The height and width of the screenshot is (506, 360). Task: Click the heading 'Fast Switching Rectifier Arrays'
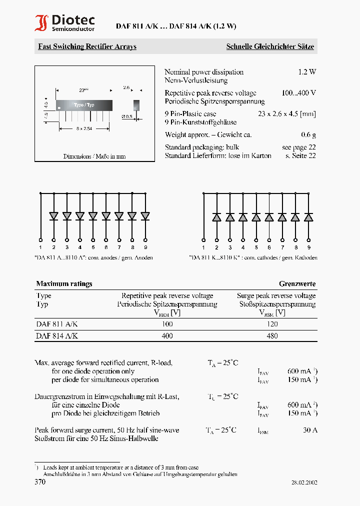point(87,46)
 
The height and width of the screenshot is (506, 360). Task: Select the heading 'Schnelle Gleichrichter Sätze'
point(270,46)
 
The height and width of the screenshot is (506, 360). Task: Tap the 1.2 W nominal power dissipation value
point(307,72)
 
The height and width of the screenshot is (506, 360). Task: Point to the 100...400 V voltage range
point(298,93)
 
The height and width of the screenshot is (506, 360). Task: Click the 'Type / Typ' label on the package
point(83,105)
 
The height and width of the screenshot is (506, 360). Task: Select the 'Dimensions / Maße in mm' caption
point(94,156)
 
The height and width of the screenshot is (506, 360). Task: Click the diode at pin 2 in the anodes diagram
point(53,216)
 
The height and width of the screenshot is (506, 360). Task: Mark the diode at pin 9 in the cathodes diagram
point(308,217)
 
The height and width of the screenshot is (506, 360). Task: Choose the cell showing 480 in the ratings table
point(272,336)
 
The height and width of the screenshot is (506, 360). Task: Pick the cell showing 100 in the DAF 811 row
point(167,324)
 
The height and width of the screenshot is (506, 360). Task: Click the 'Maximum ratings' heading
point(64,283)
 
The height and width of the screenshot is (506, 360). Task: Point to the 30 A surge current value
point(310,430)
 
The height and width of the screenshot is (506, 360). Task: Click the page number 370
point(40,482)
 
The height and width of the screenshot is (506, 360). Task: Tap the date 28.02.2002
point(304,482)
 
